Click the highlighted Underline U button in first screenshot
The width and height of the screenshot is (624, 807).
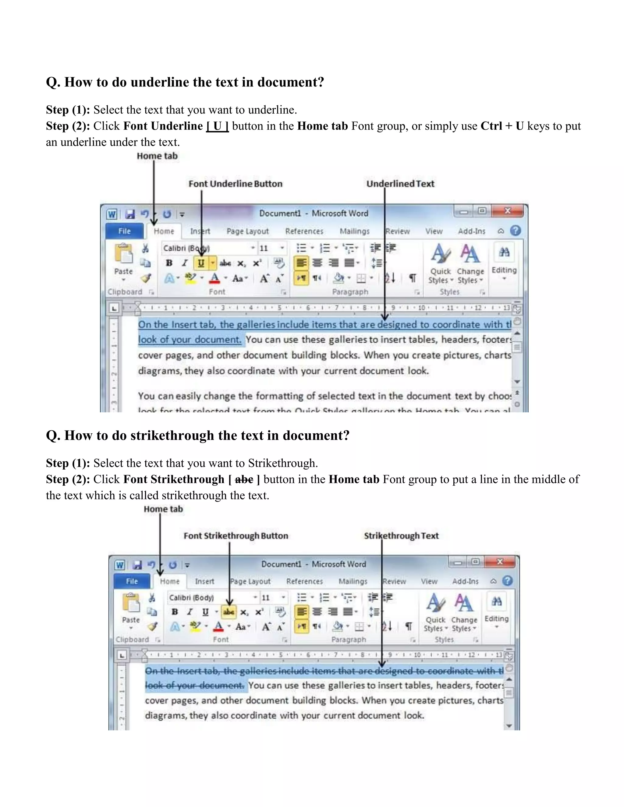point(201,263)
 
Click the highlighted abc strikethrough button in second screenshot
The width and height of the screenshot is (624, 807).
point(229,612)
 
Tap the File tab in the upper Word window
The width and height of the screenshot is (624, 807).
point(125,231)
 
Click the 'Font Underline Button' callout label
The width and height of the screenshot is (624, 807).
point(236,184)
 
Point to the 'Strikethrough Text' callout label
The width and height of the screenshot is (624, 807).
point(401,536)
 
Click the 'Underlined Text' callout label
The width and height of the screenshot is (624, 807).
point(400,184)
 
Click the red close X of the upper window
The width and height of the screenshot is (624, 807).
point(508,211)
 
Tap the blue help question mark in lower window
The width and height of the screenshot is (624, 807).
point(508,581)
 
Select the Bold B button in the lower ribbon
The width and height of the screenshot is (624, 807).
point(175,612)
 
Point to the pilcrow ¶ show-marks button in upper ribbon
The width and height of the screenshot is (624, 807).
point(413,278)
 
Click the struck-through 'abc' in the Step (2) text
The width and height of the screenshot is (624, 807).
point(244,479)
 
